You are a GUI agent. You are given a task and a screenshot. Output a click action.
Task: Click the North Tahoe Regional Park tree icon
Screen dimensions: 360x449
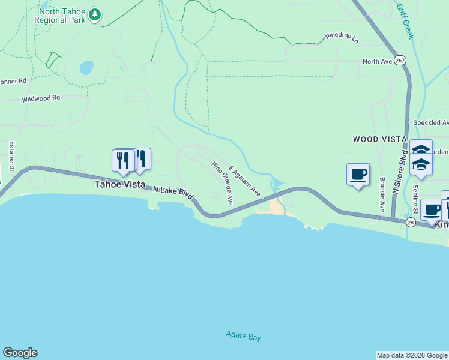click(94, 14)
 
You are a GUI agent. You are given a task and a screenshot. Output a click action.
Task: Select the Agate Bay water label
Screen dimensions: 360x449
click(244, 336)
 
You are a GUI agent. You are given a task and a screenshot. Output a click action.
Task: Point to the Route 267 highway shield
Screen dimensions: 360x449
click(401, 61)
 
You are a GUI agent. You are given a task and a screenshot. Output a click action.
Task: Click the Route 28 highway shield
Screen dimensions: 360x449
click(411, 223)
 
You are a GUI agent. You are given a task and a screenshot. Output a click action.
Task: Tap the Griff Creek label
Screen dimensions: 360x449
click(405, 22)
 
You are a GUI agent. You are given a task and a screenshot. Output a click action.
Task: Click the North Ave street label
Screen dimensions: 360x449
click(377, 61)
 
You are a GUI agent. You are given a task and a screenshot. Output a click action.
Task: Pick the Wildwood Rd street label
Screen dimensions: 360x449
click(41, 98)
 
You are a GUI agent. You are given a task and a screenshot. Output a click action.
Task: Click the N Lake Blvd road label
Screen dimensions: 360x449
click(173, 193)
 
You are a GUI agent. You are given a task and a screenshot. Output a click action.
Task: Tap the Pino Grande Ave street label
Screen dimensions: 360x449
click(221, 182)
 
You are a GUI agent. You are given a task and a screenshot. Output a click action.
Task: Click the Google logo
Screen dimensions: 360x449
click(20, 353)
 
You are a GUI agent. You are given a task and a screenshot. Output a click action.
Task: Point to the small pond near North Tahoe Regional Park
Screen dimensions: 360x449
click(87, 67)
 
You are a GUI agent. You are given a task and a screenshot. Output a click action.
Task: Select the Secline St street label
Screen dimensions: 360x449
click(415, 199)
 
